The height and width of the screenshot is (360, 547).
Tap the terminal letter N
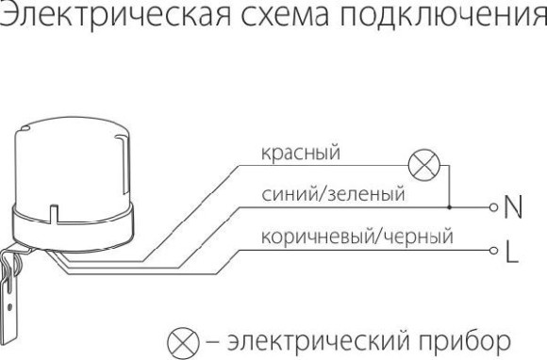pyautogui.click(x=515, y=205)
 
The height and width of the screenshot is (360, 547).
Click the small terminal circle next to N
pyautogui.click(x=491, y=206)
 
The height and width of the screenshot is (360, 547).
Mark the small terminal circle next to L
pyautogui.click(x=491, y=251)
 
